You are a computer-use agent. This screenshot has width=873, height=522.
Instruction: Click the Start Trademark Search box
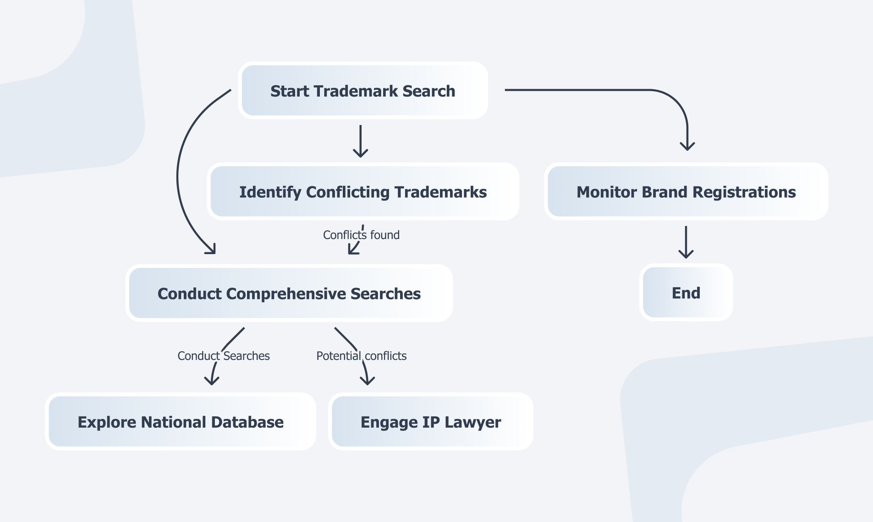tap(363, 91)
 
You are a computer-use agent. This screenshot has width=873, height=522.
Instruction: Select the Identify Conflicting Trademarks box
tap(363, 191)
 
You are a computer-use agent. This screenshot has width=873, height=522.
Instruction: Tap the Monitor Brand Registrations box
tap(686, 191)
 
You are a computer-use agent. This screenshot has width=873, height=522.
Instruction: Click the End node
tap(686, 293)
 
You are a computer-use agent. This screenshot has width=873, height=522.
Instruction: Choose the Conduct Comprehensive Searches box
tap(289, 293)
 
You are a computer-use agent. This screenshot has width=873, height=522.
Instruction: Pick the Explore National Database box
tap(181, 422)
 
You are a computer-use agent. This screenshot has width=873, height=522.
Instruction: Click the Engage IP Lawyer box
tap(431, 422)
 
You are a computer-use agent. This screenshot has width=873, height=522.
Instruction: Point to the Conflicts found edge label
tap(361, 235)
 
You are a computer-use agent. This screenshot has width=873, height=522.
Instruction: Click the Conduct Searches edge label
tap(224, 356)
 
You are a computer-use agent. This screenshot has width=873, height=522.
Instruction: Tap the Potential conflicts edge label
tap(362, 356)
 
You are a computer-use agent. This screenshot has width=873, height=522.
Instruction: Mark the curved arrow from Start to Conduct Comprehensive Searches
tap(179, 174)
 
